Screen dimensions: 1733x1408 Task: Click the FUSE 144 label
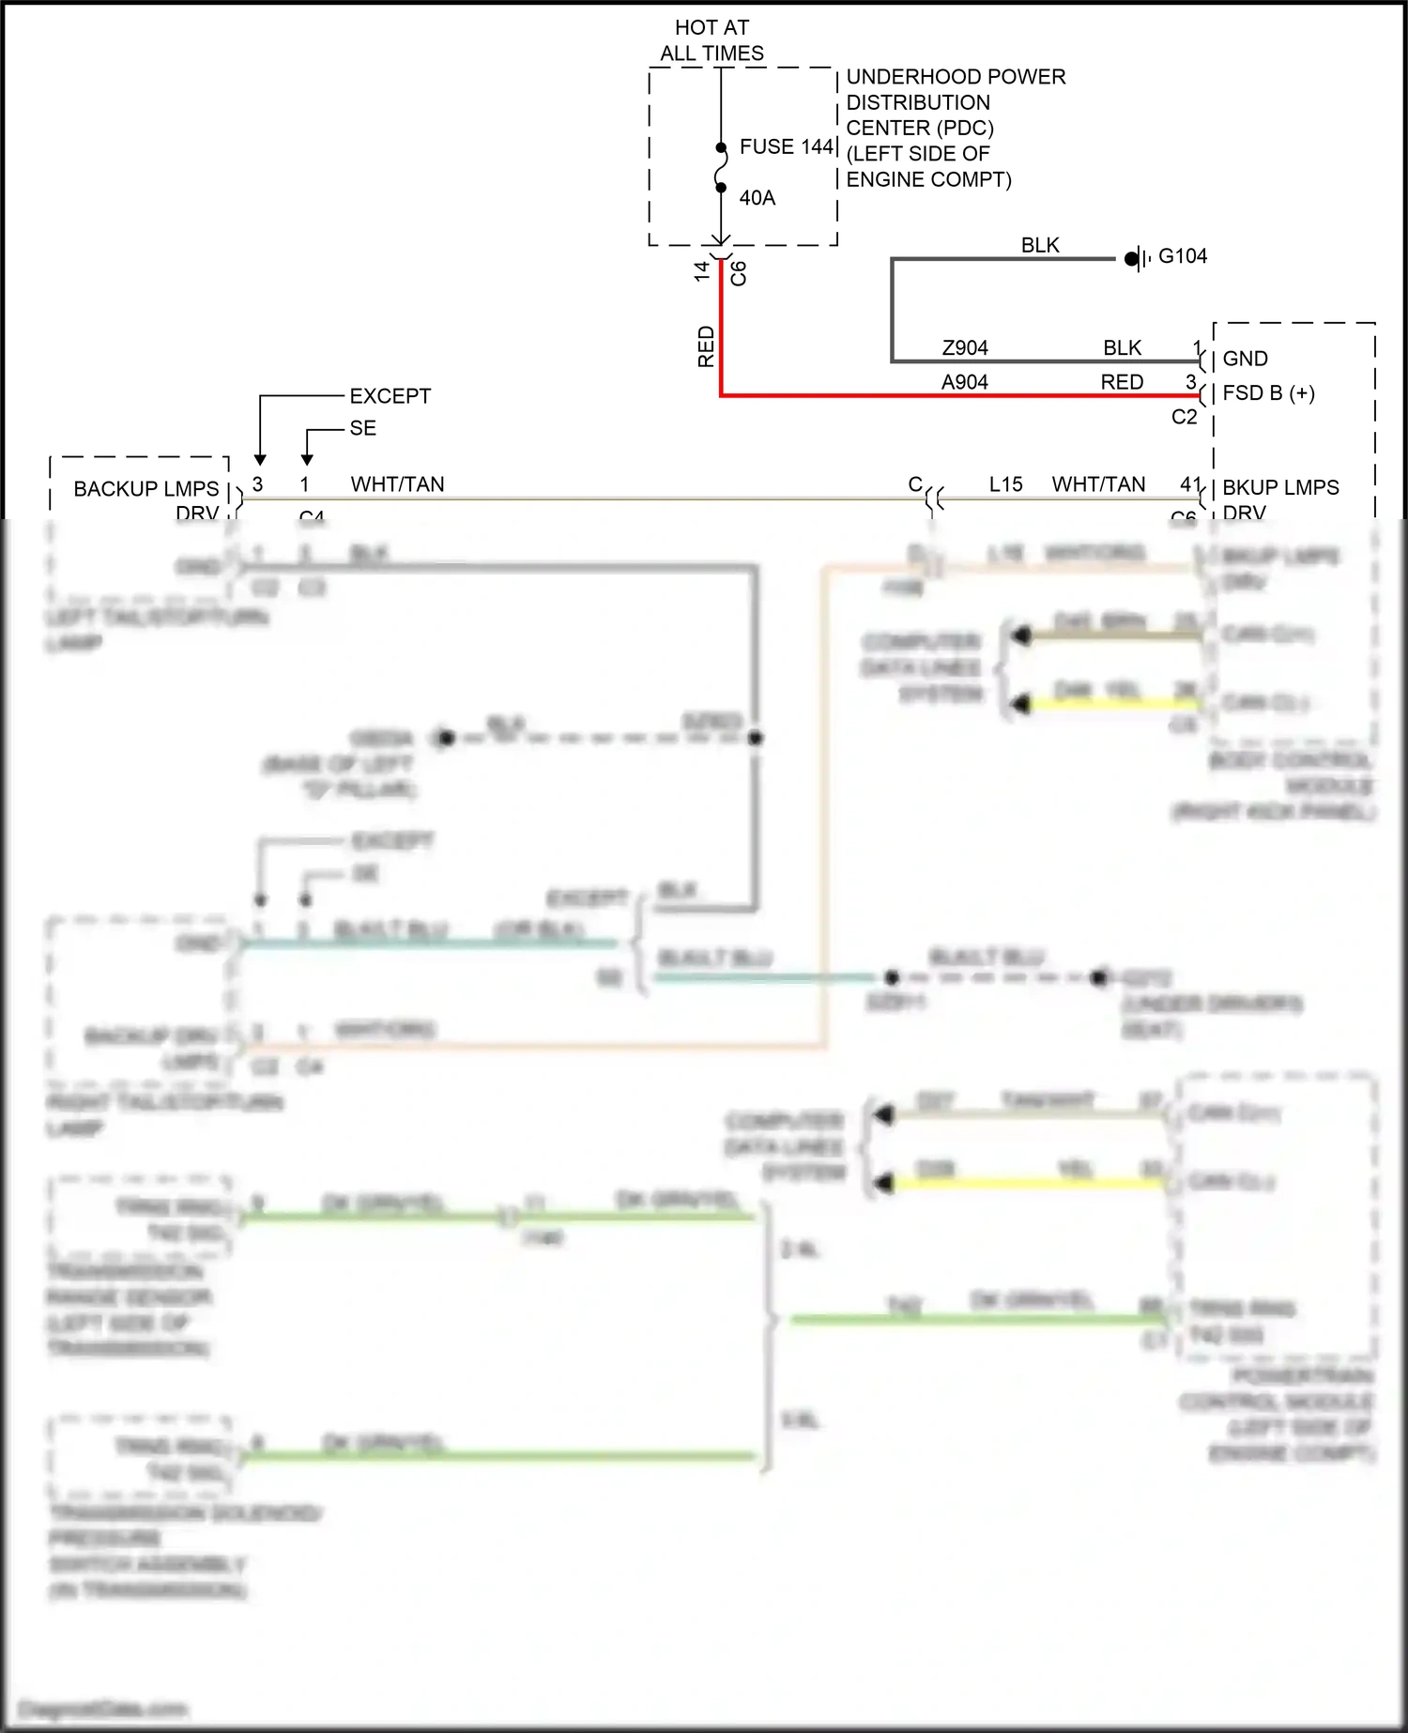pyautogui.click(x=786, y=146)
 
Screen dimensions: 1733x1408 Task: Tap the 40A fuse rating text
pyautogui.click(x=757, y=198)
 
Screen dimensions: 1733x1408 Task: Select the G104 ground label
pyautogui.click(x=1183, y=256)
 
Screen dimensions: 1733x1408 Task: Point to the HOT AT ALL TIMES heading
pyautogui.click(x=712, y=40)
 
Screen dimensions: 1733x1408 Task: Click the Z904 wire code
pyautogui.click(x=965, y=348)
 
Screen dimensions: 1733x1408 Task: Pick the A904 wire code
pyautogui.click(x=965, y=382)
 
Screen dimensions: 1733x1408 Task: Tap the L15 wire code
pyautogui.click(x=1005, y=484)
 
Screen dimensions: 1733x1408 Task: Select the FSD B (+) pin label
pyautogui.click(x=1268, y=393)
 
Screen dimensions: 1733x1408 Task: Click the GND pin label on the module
pyautogui.click(x=1245, y=359)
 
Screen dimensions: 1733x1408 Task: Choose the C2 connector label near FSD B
pyautogui.click(x=1184, y=417)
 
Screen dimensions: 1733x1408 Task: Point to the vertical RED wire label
pyautogui.click(x=706, y=346)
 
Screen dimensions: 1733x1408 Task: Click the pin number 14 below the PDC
pyautogui.click(x=701, y=271)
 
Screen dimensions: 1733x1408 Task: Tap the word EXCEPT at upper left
pyautogui.click(x=390, y=396)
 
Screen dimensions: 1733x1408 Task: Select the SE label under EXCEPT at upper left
pyautogui.click(x=362, y=428)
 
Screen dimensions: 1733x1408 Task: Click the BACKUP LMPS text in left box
pyautogui.click(x=146, y=489)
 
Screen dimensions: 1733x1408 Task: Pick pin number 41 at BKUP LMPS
pyautogui.click(x=1189, y=484)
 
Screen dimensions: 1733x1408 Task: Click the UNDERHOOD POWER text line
pyautogui.click(x=956, y=77)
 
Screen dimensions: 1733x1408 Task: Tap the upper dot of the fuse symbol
pyautogui.click(x=721, y=147)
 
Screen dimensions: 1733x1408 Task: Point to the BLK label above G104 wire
pyautogui.click(x=1040, y=245)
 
